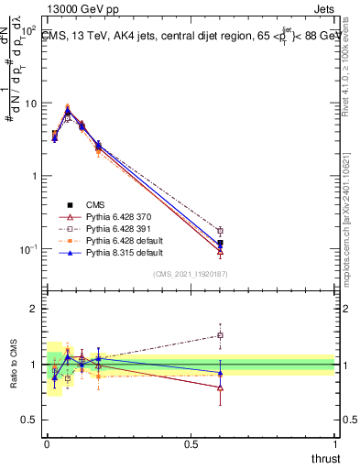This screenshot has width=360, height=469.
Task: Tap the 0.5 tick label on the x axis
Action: point(191,444)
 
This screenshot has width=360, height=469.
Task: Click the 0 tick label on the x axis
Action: point(47,444)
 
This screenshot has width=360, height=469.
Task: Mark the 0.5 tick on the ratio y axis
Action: point(30,420)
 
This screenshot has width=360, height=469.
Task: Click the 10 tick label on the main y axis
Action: point(30,103)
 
